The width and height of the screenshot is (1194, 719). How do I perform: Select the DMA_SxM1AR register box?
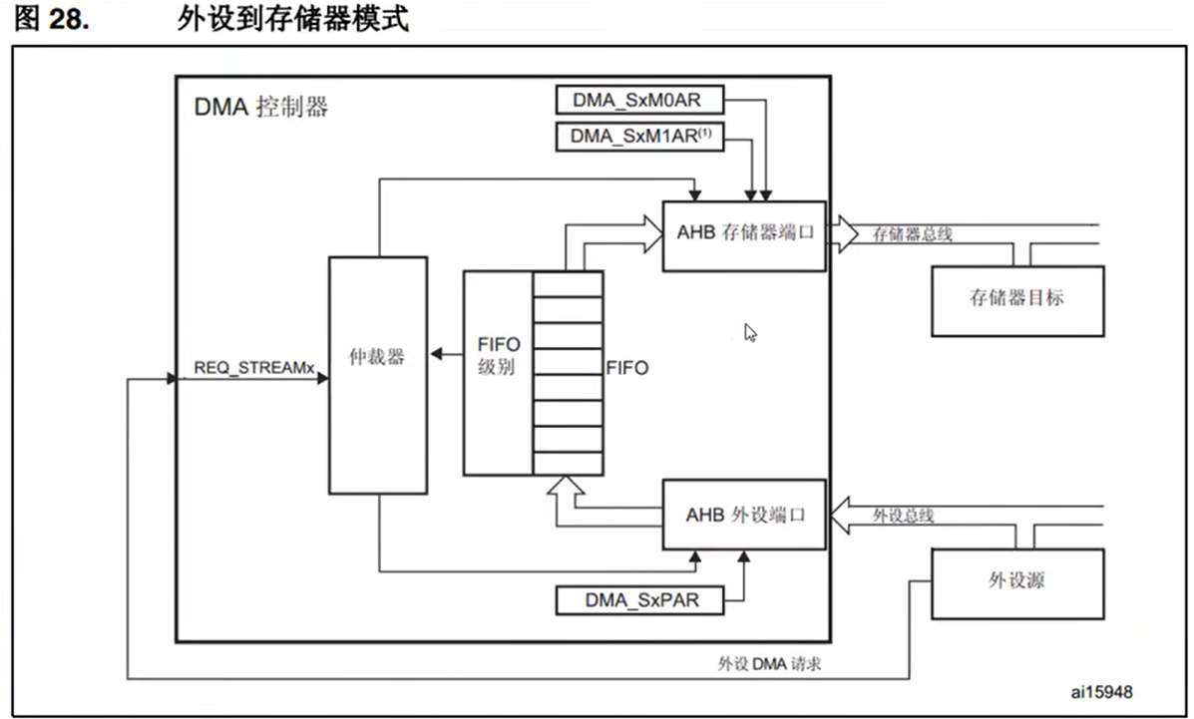[x=639, y=135]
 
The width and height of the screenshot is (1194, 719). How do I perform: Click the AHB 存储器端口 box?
[x=744, y=234]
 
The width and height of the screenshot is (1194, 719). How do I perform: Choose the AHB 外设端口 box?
[x=744, y=515]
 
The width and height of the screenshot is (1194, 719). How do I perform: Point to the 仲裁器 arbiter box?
[x=378, y=374]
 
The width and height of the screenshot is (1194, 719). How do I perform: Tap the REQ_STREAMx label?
[x=254, y=368]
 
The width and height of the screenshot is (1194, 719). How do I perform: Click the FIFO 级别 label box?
[x=498, y=373]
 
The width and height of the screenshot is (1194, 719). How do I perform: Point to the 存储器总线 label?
[x=912, y=234]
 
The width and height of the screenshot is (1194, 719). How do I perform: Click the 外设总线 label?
[x=904, y=515]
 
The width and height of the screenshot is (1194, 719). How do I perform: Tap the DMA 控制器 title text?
[x=260, y=107]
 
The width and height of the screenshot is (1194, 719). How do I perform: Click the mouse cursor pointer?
[x=750, y=332]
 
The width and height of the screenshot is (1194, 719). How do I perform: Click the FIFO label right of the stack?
[x=626, y=368]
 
